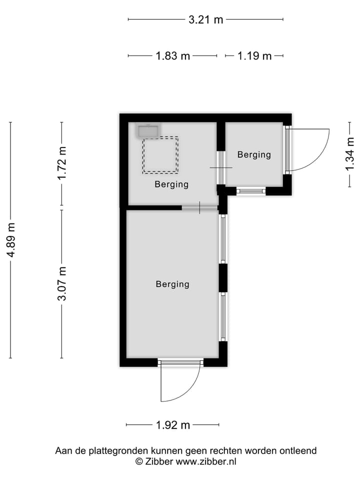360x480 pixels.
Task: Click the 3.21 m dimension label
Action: click(205, 20)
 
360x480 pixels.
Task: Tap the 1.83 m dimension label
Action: click(172, 56)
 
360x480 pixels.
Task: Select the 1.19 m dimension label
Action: click(254, 56)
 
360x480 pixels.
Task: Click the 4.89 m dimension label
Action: click(10, 240)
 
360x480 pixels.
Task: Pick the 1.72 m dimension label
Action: click(62, 163)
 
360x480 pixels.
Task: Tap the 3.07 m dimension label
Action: click(62, 284)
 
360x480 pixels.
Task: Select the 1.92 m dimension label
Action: click(172, 425)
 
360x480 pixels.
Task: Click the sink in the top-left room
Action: click(148, 131)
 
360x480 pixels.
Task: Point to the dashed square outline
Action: click(160, 155)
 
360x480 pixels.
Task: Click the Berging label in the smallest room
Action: click(254, 155)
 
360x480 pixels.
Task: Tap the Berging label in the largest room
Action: click(172, 284)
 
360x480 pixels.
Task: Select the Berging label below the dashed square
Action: click(171, 184)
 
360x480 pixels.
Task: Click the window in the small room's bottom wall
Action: click(251, 190)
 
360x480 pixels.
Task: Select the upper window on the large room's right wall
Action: click(223, 238)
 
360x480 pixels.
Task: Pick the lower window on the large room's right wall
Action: click(223, 317)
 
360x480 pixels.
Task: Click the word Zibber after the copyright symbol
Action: click(159, 461)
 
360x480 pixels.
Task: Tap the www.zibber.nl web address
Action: click(206, 461)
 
